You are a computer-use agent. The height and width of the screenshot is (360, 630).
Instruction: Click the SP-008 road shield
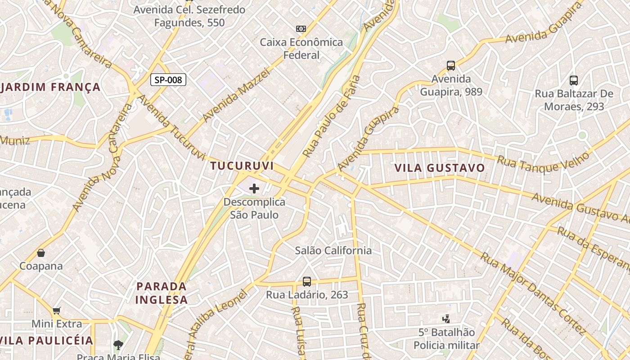[x=168, y=80]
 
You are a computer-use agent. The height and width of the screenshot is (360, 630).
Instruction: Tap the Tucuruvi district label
[x=242, y=166]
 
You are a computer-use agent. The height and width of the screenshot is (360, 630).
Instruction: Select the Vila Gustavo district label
[x=440, y=168]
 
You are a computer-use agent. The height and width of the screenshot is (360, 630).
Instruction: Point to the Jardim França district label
[x=50, y=87]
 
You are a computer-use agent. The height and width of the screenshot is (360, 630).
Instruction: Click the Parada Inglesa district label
[x=161, y=293]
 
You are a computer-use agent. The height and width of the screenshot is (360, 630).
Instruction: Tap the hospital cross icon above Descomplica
[x=254, y=189]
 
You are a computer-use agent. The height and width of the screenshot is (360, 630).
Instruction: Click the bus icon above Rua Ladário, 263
[x=307, y=282]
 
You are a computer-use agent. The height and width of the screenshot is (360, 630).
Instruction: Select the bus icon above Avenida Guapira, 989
[x=451, y=66]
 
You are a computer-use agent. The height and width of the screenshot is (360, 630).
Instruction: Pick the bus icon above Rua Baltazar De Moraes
[x=574, y=81]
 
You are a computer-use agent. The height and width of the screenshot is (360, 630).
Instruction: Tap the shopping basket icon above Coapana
[x=41, y=253]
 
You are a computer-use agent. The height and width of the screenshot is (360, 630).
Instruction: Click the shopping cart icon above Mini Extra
[x=57, y=310]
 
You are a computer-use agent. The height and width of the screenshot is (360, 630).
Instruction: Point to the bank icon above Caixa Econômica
[x=301, y=29]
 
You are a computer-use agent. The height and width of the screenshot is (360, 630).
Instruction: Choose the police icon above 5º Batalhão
[x=446, y=319]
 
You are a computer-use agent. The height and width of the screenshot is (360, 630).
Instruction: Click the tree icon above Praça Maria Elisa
[x=118, y=345]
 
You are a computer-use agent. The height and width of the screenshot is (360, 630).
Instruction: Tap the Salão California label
[x=333, y=251]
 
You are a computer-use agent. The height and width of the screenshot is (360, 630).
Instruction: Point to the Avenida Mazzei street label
[x=236, y=95]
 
